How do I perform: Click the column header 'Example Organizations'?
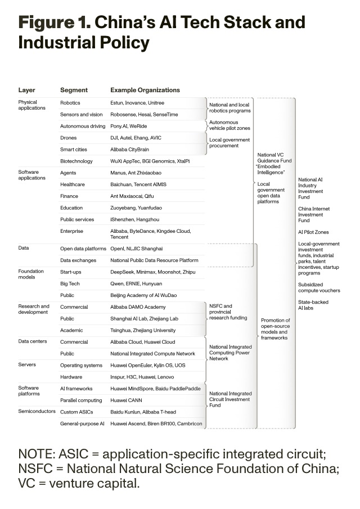[x=145, y=90]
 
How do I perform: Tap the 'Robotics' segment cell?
[x=70, y=103]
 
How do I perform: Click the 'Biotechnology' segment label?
[x=76, y=161]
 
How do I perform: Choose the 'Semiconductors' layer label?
[x=37, y=412]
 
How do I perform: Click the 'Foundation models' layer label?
[x=31, y=274]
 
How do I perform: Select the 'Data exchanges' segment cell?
[x=78, y=260]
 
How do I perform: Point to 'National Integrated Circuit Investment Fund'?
[x=230, y=399]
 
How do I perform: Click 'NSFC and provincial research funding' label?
[x=228, y=312]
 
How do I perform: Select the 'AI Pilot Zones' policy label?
[x=313, y=232]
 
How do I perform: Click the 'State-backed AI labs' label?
[x=313, y=305]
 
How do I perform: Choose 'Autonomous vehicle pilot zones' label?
[x=229, y=125]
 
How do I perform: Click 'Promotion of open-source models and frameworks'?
[x=276, y=329]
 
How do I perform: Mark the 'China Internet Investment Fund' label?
[x=314, y=215]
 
